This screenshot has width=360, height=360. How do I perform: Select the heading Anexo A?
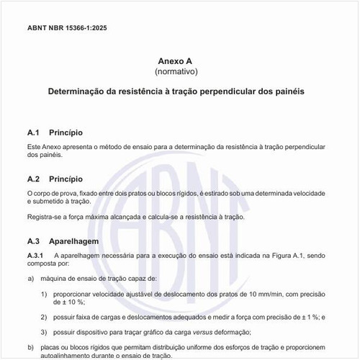176,61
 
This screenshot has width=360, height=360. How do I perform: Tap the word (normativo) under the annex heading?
176,72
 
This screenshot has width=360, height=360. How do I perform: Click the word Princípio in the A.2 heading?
66,178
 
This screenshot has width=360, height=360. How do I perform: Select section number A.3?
35,241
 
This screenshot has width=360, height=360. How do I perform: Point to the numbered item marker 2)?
44,317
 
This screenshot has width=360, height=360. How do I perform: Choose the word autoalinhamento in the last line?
76,356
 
